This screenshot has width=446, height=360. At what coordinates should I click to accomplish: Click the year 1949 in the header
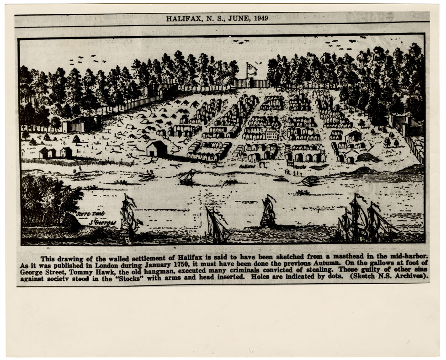pyautogui.click(x=260, y=18)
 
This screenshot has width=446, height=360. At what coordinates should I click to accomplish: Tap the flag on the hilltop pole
pyautogui.click(x=251, y=69)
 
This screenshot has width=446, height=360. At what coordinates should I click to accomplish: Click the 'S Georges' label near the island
pyautogui.click(x=103, y=222)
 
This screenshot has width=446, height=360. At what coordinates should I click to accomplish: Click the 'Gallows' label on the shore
pyautogui.click(x=249, y=168)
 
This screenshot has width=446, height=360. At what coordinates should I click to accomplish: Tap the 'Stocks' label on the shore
pyautogui.click(x=299, y=167)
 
